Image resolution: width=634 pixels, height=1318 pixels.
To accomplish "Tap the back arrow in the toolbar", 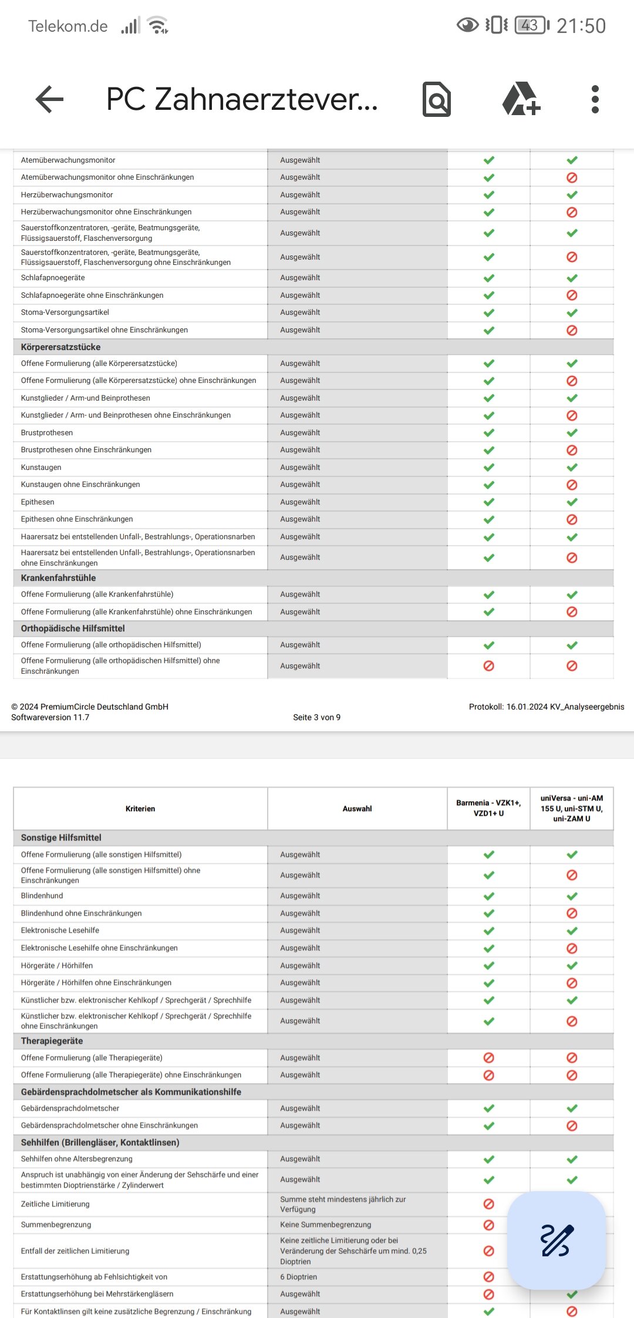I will click(49, 99).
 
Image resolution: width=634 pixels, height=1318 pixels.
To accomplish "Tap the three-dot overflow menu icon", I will click(595, 99).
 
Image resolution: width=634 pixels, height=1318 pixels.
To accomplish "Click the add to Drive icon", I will click(521, 99).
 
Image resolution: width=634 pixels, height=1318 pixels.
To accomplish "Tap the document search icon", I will click(437, 99).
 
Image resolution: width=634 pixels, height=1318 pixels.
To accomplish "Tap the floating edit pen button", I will click(556, 1240).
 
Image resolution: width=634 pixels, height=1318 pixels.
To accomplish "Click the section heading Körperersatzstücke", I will click(60, 347).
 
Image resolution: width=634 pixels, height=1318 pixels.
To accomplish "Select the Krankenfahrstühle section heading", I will click(58, 578).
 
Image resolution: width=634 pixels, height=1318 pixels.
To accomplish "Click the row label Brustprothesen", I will click(47, 433).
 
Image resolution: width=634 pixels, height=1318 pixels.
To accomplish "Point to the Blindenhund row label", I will click(42, 896).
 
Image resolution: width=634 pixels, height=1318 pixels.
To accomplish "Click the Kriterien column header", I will click(140, 809).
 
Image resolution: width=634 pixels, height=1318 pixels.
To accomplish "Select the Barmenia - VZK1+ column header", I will click(488, 808).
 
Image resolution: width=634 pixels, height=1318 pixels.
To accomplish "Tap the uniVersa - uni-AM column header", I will click(571, 808).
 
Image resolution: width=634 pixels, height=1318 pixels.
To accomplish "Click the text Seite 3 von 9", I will click(316, 717).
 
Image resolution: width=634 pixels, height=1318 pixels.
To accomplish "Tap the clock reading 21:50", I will click(581, 26).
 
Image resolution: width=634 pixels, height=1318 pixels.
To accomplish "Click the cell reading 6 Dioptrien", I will click(298, 1277).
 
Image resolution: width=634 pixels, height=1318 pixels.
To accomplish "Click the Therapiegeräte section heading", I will click(52, 1041).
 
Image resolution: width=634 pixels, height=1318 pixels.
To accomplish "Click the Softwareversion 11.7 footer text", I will click(50, 717).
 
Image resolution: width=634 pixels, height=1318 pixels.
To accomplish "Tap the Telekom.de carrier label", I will click(68, 26).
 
